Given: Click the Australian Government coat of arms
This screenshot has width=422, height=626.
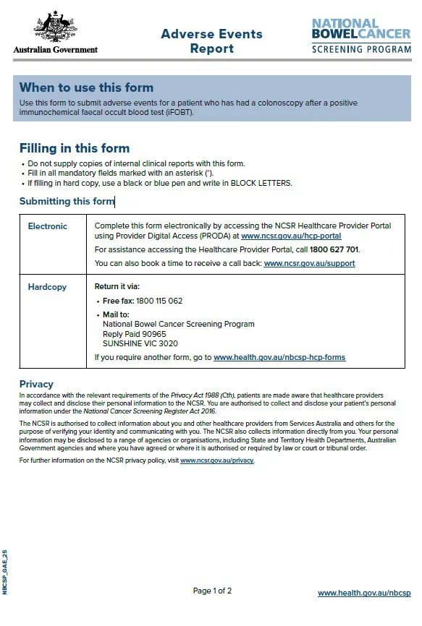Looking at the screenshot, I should coord(55,28).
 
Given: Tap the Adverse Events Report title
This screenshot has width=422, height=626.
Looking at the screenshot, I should coord(211,41).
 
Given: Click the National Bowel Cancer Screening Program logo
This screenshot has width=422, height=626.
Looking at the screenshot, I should coord(360,35).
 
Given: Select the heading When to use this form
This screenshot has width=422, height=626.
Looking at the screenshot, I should coord(86,87).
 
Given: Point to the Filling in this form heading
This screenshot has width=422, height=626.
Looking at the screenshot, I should coord(75,148).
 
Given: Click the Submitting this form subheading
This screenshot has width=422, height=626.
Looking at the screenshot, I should coord(67,202).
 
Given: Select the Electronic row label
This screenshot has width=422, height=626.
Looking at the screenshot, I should coord(48,226).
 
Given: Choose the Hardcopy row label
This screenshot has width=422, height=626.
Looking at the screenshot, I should coord(47,287).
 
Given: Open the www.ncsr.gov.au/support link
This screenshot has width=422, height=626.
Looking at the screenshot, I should coord(309,264).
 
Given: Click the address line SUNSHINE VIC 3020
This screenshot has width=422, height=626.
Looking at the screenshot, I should coord(140,344).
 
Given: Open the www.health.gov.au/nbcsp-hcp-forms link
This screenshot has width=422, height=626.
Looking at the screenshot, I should coord(279,357).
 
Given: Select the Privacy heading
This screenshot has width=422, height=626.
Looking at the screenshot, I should coord(36,384).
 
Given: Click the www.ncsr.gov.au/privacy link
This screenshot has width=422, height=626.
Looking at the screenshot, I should coord(217,460).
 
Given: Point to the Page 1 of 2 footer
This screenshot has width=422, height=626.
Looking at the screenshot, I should coord(212,591).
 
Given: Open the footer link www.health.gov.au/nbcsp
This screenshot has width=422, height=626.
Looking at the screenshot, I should coord(364,593).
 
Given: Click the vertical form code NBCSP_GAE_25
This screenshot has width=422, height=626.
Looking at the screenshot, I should coord(5,571).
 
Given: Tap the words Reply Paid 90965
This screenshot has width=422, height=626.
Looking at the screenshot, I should coord(135,334).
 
